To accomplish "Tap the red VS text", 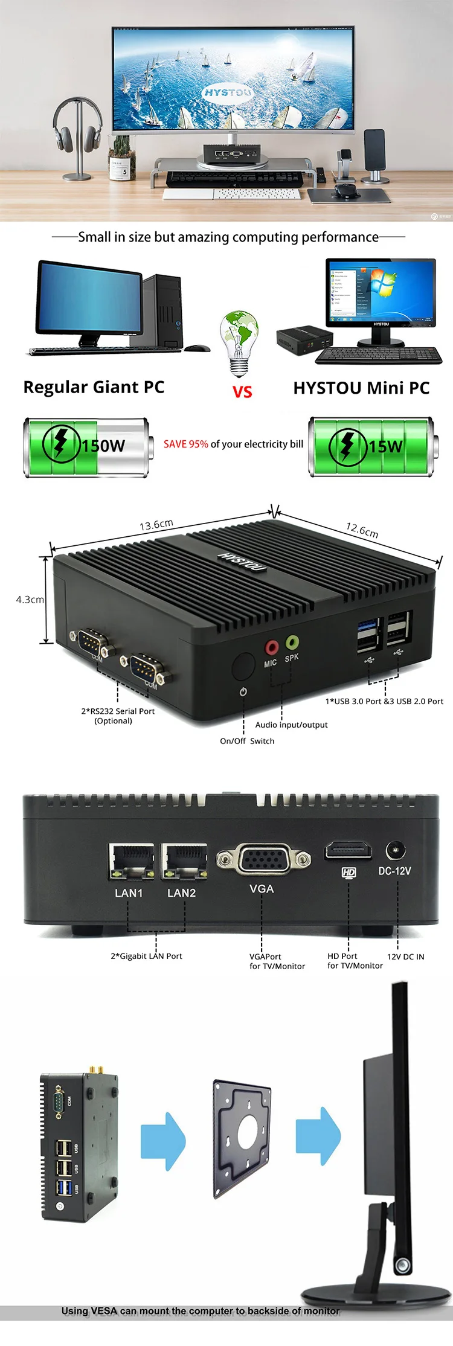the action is [x=242, y=392].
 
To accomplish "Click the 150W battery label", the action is [x=103, y=446].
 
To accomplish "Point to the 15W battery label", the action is [x=385, y=446].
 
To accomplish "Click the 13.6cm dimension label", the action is [x=156, y=524].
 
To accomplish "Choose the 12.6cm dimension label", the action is [x=362, y=530].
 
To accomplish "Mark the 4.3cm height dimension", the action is [x=30, y=600].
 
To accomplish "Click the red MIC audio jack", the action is [x=272, y=648].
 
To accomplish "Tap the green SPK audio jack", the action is [x=292, y=641].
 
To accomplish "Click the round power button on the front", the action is [x=243, y=667].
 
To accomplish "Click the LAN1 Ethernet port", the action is [x=131, y=861].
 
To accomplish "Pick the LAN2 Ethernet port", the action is [x=184, y=861].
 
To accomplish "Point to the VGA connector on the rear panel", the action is [x=263, y=859].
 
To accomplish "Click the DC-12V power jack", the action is [x=395, y=850].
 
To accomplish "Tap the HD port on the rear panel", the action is [x=349, y=850].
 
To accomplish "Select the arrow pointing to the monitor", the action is [x=318, y=1137].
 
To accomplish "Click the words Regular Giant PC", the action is [x=94, y=387].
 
